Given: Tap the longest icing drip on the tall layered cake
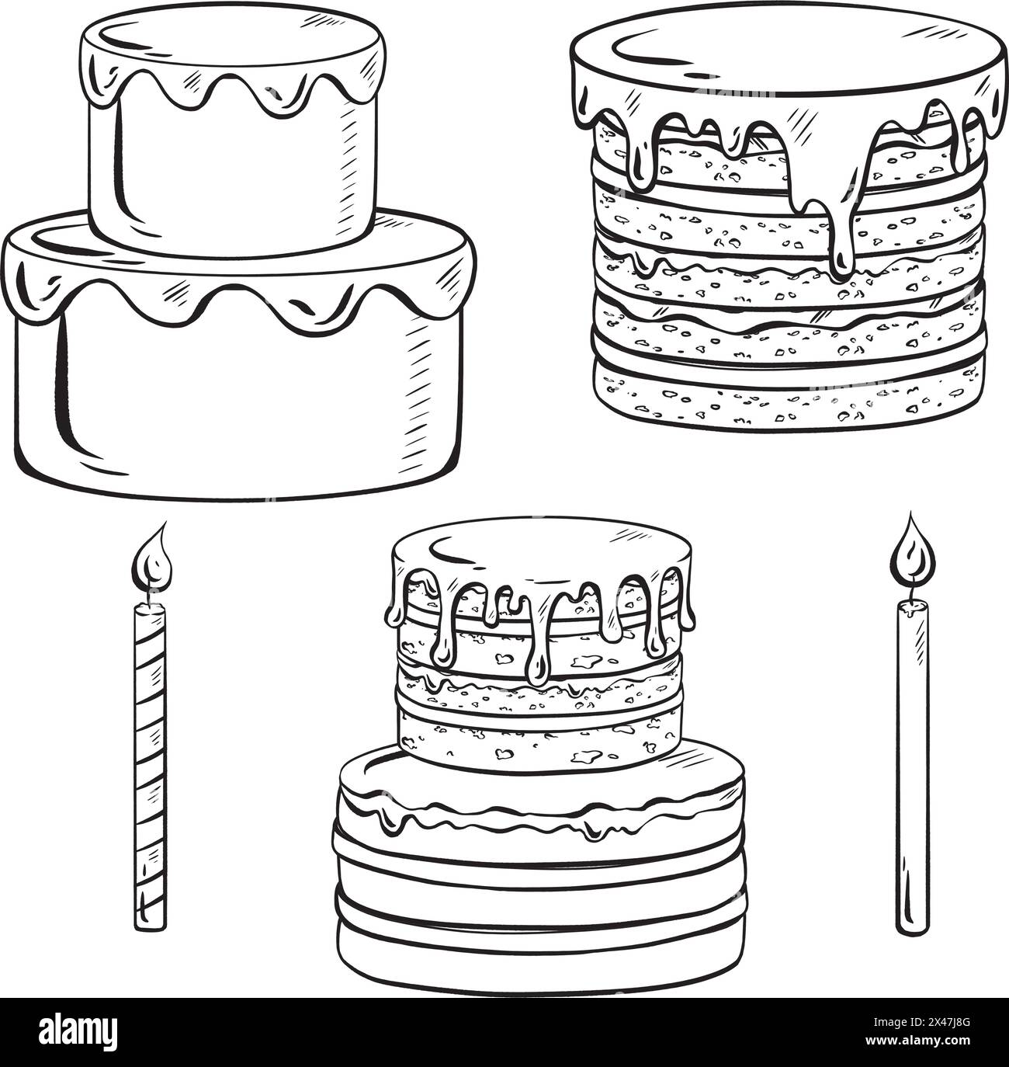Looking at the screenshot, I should point(843,233).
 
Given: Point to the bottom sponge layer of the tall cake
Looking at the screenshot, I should point(788,396).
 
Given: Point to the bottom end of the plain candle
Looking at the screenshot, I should point(913,924).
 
